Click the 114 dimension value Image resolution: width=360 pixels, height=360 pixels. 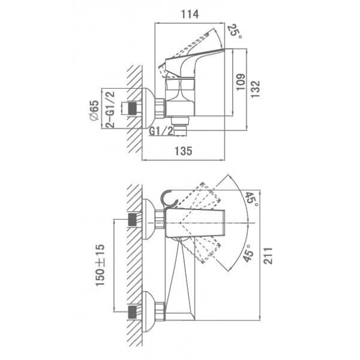(x=190, y=14)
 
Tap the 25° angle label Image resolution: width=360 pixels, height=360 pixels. (x=235, y=31)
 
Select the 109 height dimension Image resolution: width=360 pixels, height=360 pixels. (x=241, y=82)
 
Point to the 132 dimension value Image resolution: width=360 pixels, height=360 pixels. (x=255, y=89)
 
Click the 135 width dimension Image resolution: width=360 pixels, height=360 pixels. (x=184, y=151)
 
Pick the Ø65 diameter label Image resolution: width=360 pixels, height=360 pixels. (x=94, y=110)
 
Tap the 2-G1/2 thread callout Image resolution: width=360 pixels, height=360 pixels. (x=110, y=109)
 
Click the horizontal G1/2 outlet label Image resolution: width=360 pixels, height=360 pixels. (x=161, y=131)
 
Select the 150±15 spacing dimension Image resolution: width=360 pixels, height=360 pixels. (x=100, y=265)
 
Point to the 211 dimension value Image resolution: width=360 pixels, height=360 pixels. (x=268, y=256)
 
